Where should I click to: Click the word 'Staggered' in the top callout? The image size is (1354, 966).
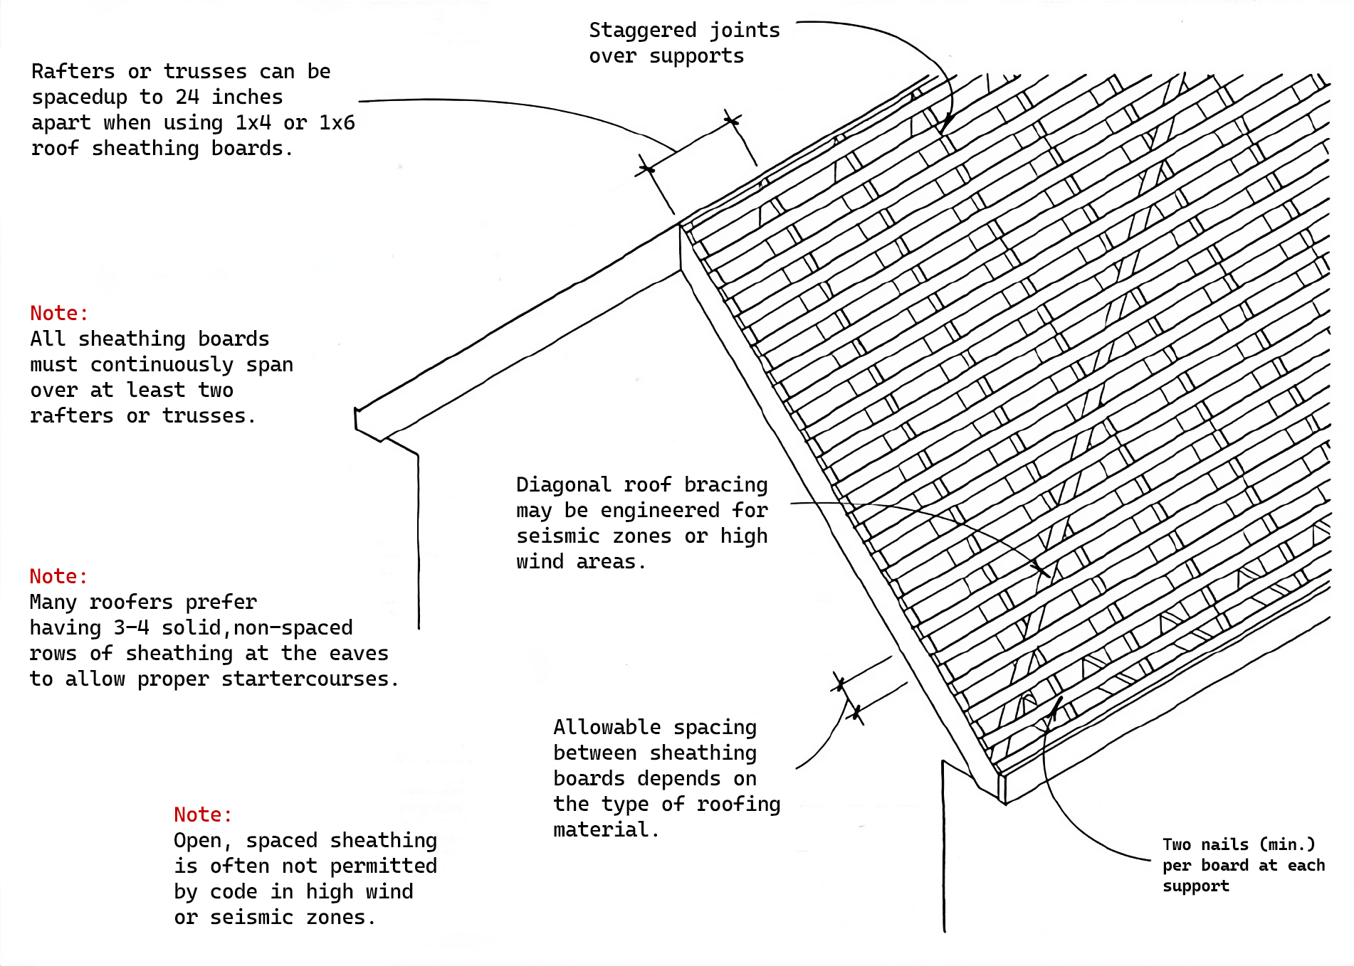tap(642, 31)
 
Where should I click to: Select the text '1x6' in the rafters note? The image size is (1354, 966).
tap(337, 123)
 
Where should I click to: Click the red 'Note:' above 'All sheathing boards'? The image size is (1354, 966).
tap(59, 314)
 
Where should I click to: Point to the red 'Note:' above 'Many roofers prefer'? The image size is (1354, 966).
tap(58, 577)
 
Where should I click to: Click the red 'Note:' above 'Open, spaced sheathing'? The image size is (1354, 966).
tap(203, 815)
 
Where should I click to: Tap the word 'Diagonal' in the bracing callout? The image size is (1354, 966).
tap(563, 485)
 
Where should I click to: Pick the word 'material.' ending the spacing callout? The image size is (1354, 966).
tap(606, 830)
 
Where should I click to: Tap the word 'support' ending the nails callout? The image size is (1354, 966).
tap(1196, 886)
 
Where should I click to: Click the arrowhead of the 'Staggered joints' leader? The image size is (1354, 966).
tap(944, 129)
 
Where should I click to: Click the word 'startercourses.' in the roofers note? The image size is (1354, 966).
tap(310, 679)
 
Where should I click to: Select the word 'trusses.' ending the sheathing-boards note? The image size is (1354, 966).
tap(209, 416)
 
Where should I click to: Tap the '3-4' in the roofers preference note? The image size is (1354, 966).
tap(131, 628)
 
